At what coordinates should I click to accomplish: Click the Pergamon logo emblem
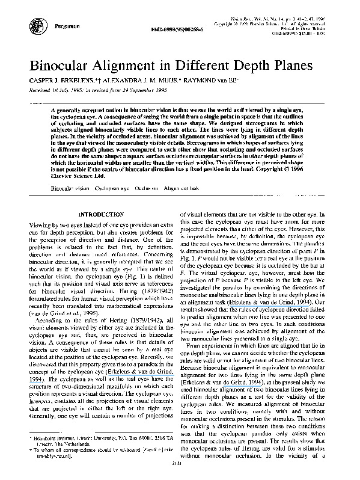click(34, 24)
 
